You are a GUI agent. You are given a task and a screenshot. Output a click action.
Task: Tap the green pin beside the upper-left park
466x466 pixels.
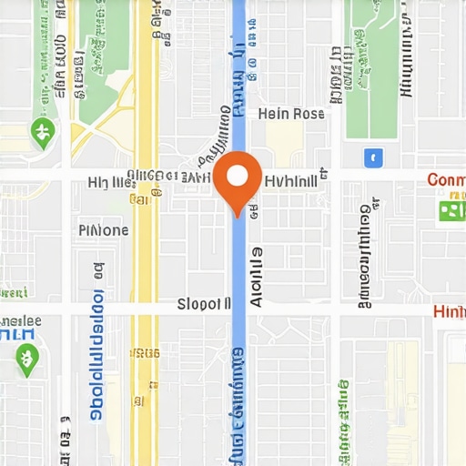(41, 133)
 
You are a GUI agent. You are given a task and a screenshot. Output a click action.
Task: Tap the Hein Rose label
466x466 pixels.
(291, 114)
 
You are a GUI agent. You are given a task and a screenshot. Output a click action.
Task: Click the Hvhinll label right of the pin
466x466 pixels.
(290, 181)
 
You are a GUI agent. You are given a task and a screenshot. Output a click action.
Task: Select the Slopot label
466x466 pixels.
(203, 304)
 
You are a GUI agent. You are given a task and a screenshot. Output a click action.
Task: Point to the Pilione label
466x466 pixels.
(104, 230)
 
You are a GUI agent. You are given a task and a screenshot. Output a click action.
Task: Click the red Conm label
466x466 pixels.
(446, 179)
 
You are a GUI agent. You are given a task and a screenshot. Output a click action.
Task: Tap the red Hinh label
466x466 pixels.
(449, 312)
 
